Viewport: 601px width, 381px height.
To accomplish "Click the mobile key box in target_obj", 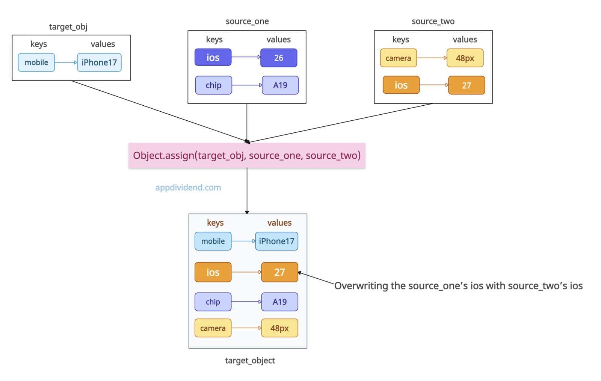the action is [36, 62].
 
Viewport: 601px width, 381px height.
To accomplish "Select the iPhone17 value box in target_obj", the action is [99, 62].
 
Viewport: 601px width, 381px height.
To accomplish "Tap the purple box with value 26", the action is [279, 58].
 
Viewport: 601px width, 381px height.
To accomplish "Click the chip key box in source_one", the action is [214, 85].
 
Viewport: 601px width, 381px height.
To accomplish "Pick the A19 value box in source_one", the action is [280, 85].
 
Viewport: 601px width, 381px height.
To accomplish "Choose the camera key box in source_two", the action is [399, 58].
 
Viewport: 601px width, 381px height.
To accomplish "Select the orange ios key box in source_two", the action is [401, 85].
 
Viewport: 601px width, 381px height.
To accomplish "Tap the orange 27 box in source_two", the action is [467, 85].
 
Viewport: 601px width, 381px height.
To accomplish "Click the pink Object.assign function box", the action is [247, 156].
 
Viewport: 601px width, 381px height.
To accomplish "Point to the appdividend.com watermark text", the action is [188, 188].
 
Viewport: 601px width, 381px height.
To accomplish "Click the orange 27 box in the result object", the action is [279, 272].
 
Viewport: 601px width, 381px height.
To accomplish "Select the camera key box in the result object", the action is [213, 328].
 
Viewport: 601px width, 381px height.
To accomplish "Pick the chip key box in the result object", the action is [213, 302].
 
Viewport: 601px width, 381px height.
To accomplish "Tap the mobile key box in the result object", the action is [213, 241].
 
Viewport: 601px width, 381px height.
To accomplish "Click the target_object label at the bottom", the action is [250, 361].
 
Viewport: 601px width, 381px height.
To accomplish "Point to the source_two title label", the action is [433, 21].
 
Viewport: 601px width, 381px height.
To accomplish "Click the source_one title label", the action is [247, 21].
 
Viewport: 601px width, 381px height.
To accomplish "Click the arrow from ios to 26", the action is [246, 57].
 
